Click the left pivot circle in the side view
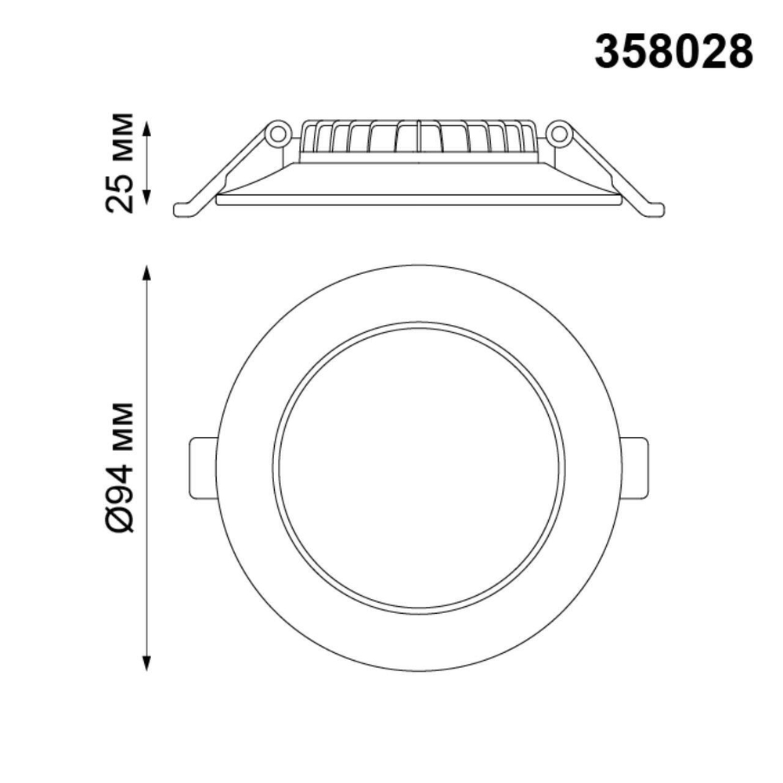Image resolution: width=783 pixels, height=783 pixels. [276, 134]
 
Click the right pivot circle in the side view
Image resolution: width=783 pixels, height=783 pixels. [558, 134]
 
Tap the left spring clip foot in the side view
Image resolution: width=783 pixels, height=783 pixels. [185, 209]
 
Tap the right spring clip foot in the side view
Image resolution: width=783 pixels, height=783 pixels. [651, 209]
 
